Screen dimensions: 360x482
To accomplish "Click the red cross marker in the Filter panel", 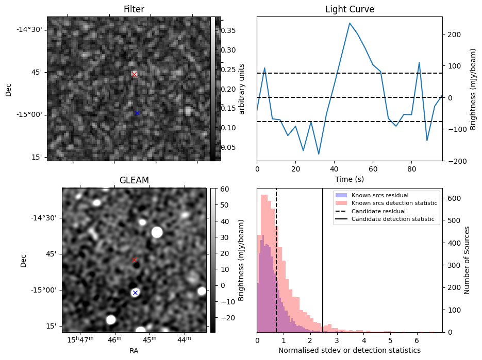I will (134, 74).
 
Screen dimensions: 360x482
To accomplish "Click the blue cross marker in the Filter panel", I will (137, 113).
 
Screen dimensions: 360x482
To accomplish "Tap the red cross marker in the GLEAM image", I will (135, 260).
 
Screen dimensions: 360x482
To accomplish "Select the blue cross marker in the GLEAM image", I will (135, 293).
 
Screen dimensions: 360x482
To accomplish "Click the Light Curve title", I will (350, 10).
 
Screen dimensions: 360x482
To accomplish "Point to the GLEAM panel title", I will (134, 180).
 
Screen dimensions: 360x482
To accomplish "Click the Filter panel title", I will (134, 10).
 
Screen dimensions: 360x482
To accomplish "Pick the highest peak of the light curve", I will (350, 23).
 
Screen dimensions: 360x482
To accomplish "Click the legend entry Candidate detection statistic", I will (392, 219).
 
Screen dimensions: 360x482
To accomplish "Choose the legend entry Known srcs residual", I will (380, 195).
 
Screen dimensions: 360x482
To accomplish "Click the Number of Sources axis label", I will (467, 260).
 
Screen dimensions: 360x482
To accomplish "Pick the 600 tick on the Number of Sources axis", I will (452, 198).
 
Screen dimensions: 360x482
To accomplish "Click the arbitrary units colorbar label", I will (241, 89).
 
